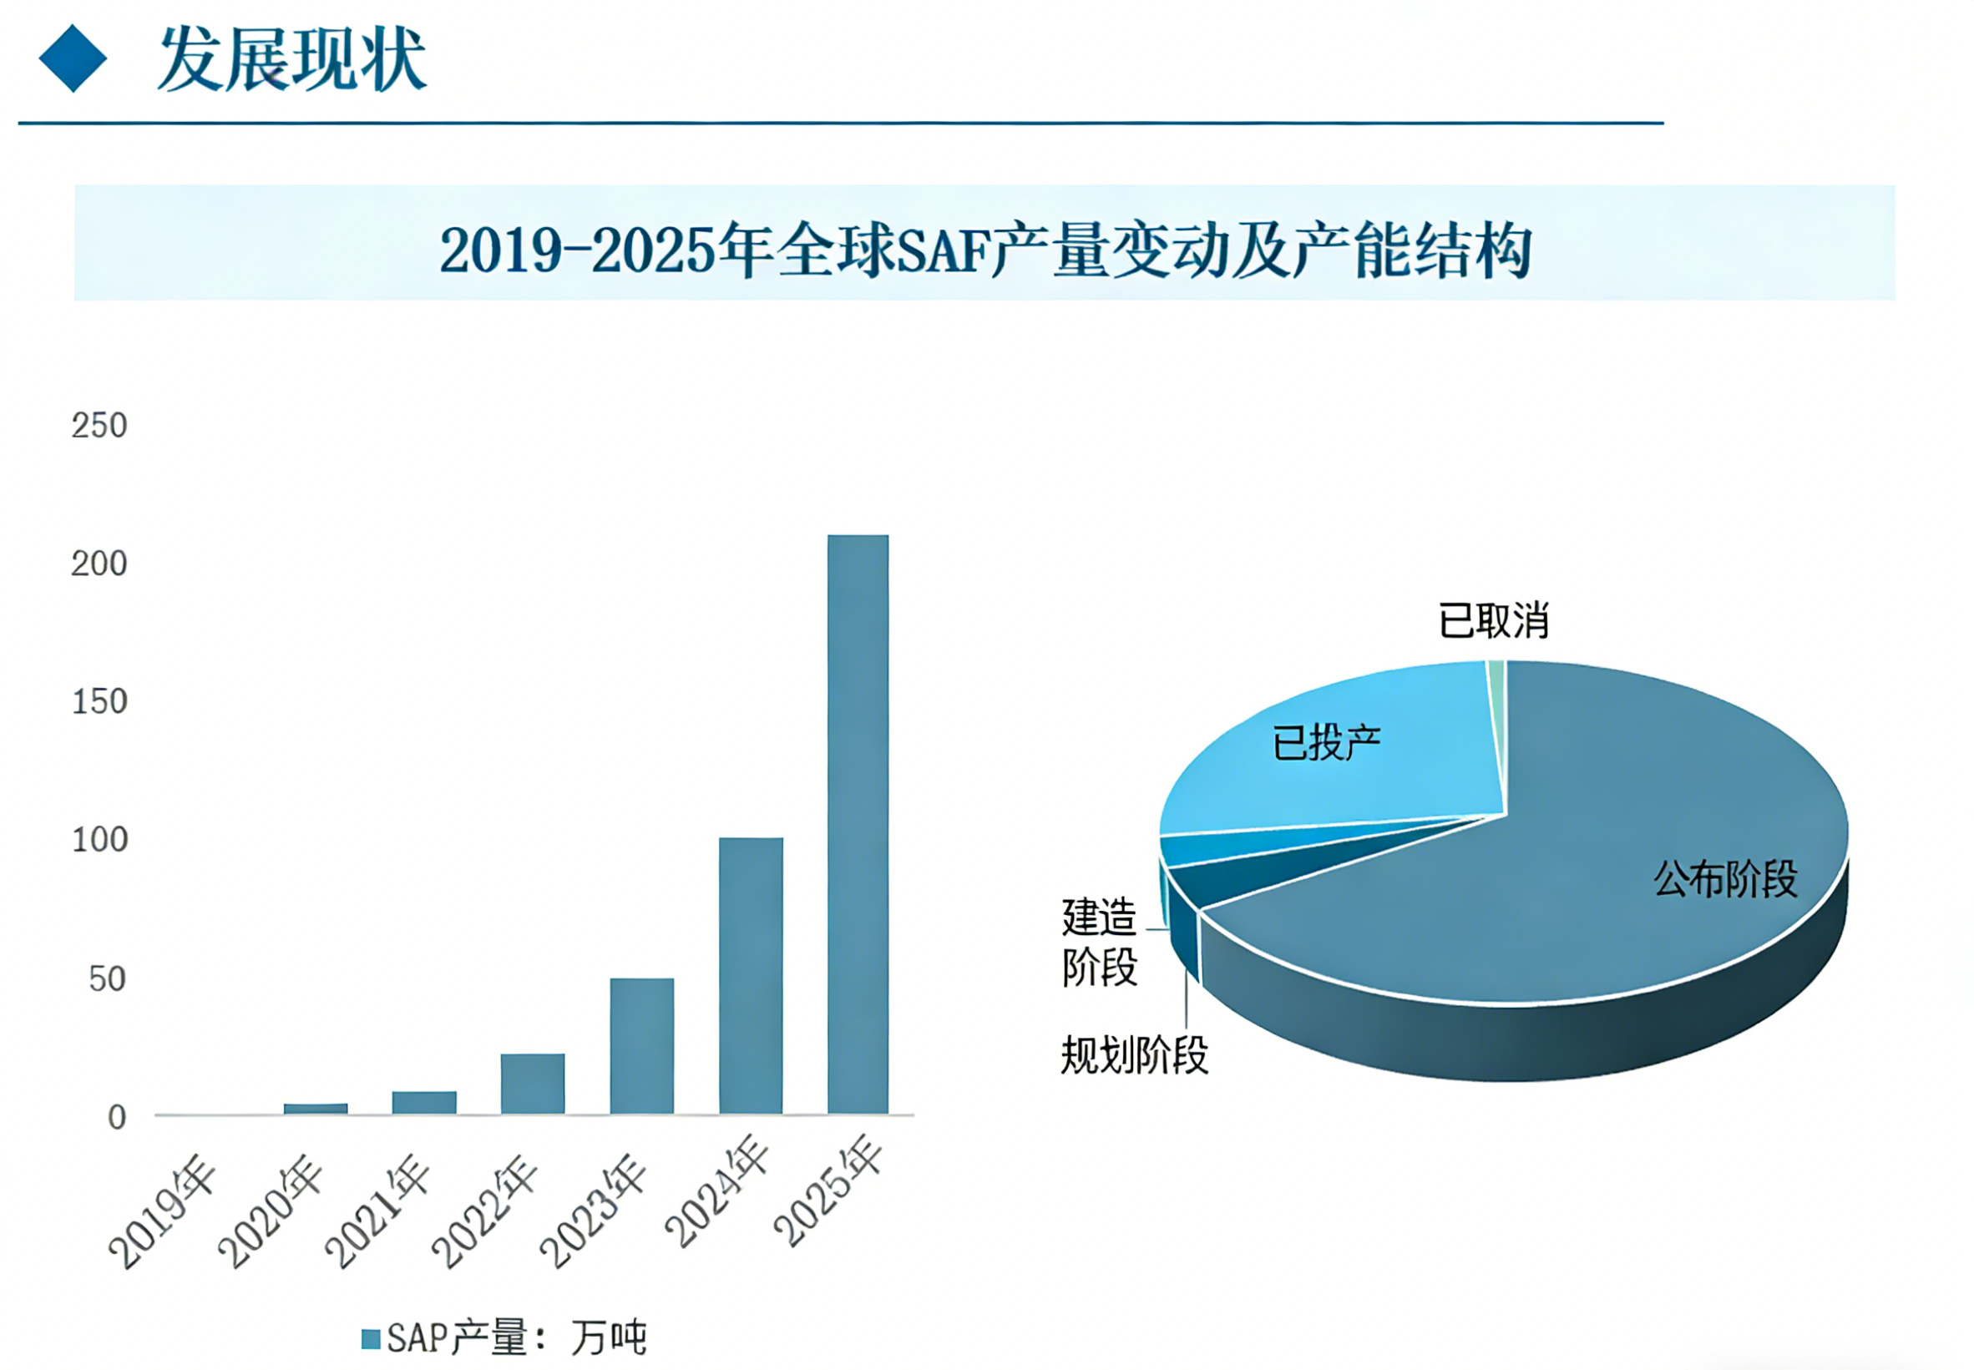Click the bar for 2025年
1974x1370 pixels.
point(857,824)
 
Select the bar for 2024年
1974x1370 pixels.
point(751,975)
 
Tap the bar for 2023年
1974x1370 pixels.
point(641,1045)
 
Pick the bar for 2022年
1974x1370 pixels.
point(533,1084)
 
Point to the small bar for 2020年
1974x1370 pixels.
point(315,1108)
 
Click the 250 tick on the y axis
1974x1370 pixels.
point(99,426)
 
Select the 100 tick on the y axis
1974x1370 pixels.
point(99,841)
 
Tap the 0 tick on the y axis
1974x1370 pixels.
point(117,1118)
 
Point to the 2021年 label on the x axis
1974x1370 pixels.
point(377,1211)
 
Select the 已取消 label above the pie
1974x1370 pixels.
point(1493,620)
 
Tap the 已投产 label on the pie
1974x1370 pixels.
point(1326,742)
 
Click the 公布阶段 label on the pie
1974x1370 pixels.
point(1725,878)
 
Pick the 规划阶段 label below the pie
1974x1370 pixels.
point(1133,1055)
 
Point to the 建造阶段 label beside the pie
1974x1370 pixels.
point(1099,942)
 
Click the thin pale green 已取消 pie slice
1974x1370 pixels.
point(1496,687)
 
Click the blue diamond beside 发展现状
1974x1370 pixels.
point(73,58)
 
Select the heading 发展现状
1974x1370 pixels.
point(292,58)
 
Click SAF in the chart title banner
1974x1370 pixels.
point(943,250)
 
